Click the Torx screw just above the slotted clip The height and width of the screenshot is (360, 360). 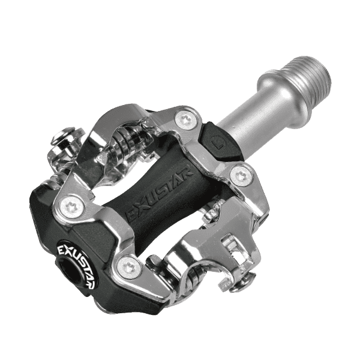point(241,176)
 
